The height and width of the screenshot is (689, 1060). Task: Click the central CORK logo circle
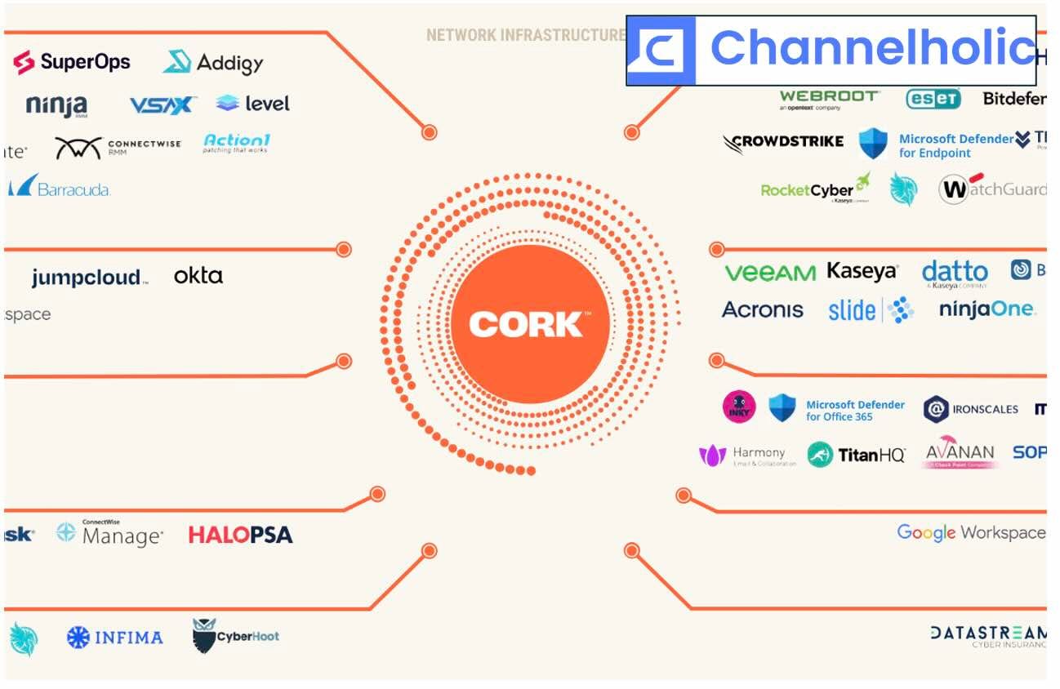pyautogui.click(x=530, y=324)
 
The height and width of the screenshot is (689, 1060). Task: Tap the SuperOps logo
pyautogui.click(x=72, y=61)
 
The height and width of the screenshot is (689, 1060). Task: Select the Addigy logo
pyautogui.click(x=213, y=62)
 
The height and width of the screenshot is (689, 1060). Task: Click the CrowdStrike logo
pyautogui.click(x=783, y=142)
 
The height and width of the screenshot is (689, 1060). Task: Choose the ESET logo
pyautogui.click(x=933, y=99)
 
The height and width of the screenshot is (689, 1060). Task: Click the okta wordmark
pyautogui.click(x=198, y=276)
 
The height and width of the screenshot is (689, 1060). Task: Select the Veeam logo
pyautogui.click(x=769, y=273)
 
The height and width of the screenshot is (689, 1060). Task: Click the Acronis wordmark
pyautogui.click(x=763, y=310)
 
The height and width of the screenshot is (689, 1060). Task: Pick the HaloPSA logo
pyautogui.click(x=240, y=536)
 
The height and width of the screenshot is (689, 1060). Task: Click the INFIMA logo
pyautogui.click(x=114, y=637)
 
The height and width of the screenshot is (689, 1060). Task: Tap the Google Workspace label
pyautogui.click(x=970, y=533)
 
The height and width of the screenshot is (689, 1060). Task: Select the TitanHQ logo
pyautogui.click(x=856, y=455)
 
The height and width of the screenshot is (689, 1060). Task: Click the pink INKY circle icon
pyautogui.click(x=739, y=407)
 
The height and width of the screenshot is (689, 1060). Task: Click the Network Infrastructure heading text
pyautogui.click(x=524, y=35)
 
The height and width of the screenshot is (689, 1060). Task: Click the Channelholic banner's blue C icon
pyautogui.click(x=661, y=51)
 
